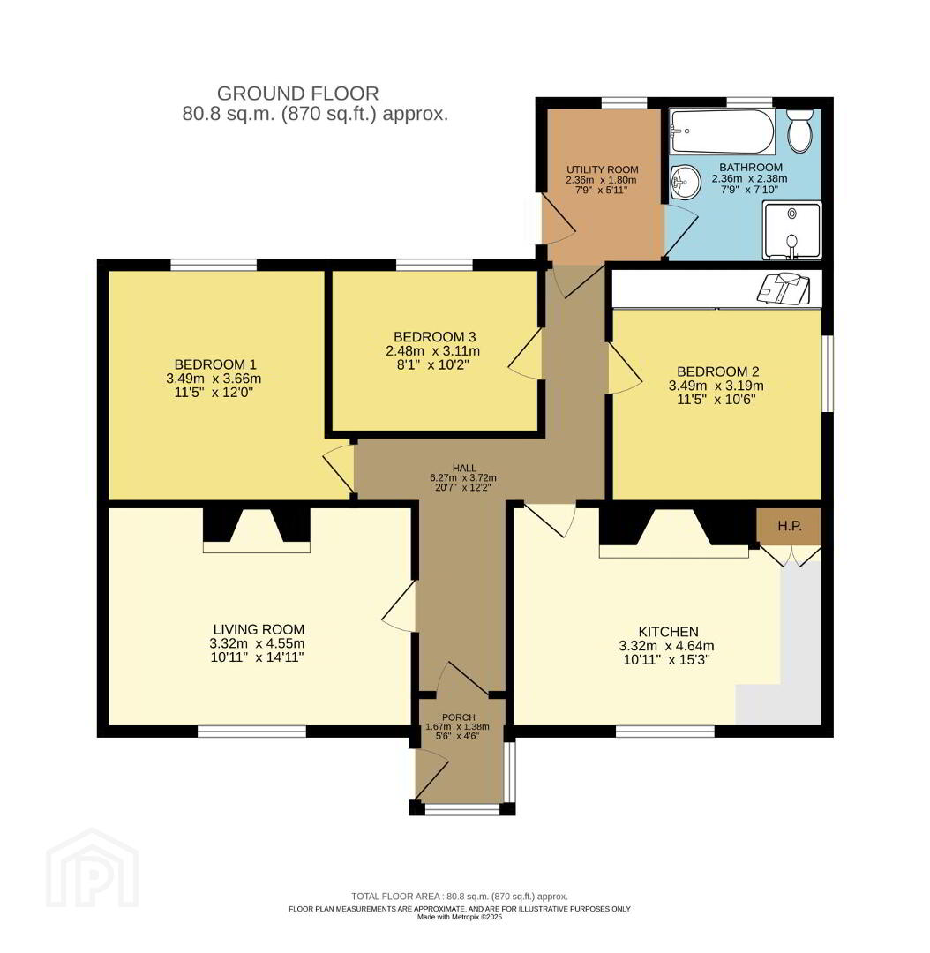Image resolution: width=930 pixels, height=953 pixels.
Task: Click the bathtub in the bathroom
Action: [x=722, y=131]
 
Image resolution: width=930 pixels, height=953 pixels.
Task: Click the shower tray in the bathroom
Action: [x=792, y=231]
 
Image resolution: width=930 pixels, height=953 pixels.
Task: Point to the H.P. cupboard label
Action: [x=790, y=526]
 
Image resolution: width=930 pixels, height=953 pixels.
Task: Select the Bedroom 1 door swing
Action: [x=339, y=468]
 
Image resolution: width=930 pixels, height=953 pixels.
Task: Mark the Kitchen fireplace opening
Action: [x=673, y=533]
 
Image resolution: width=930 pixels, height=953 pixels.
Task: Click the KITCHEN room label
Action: [x=668, y=632]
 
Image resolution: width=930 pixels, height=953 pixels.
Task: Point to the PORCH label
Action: [x=458, y=717]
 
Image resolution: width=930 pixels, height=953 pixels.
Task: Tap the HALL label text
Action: [x=464, y=468]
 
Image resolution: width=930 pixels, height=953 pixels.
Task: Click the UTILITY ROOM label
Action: [x=603, y=169]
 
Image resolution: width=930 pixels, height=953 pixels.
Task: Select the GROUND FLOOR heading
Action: [x=298, y=94]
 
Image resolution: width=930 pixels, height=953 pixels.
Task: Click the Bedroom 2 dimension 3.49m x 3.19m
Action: [x=716, y=386]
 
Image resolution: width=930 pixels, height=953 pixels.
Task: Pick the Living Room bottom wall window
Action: [x=251, y=732]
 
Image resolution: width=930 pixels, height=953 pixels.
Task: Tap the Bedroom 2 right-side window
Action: [x=828, y=373]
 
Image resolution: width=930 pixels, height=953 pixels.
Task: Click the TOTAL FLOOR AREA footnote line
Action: [x=460, y=896]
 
